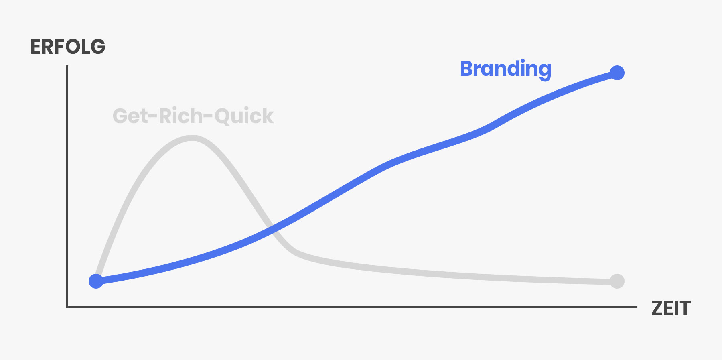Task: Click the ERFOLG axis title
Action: tap(68, 47)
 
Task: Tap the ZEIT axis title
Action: tap(671, 308)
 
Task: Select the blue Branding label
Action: tap(506, 70)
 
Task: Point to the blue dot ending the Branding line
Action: tap(617, 73)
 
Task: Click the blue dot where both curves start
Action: tap(96, 281)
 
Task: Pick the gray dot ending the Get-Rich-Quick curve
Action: tap(617, 281)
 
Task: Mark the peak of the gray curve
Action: tap(193, 138)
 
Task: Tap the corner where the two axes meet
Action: tap(67, 307)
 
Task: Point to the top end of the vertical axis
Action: tap(67, 66)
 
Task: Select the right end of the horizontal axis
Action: tap(637, 307)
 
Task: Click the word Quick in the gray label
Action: tap(244, 116)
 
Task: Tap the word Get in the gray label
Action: tap(130, 116)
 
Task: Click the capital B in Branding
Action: tap(467, 69)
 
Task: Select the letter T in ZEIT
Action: tap(684, 308)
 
